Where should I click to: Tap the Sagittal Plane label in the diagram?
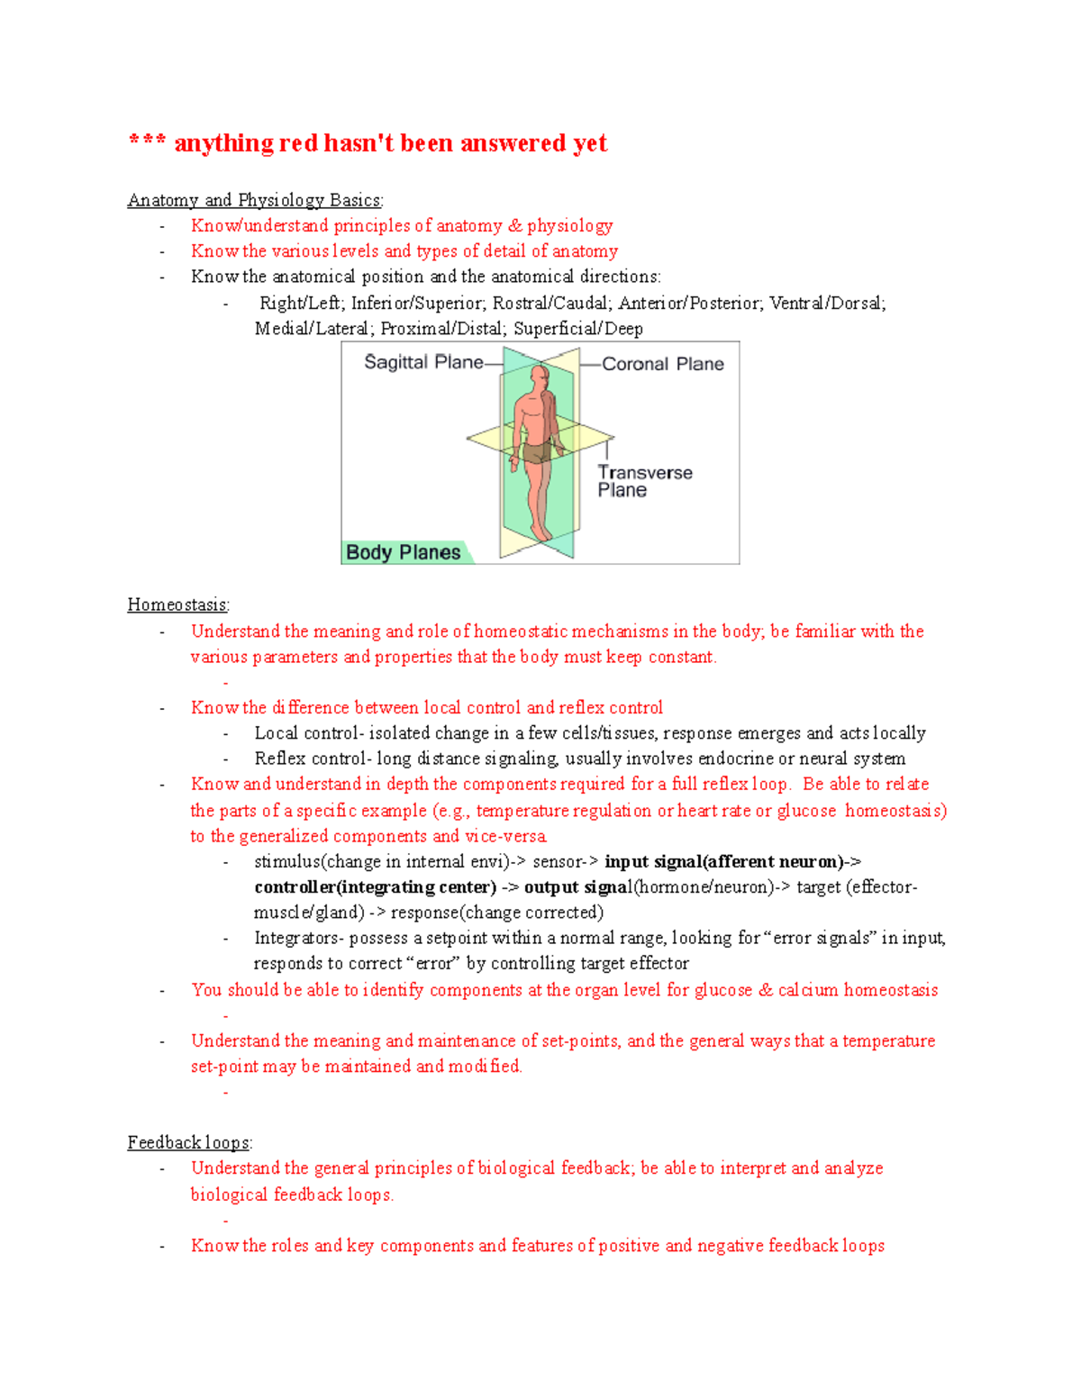click(x=423, y=362)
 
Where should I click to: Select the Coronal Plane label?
click(x=662, y=364)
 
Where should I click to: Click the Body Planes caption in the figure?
click(x=403, y=552)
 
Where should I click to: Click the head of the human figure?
click(x=540, y=376)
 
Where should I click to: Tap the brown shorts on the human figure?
click(x=537, y=452)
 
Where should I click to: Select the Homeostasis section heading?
click(x=177, y=604)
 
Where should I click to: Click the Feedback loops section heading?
click(x=188, y=1142)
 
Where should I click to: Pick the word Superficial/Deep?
click(x=578, y=329)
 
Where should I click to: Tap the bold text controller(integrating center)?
click(x=375, y=887)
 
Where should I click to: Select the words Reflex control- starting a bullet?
click(x=309, y=759)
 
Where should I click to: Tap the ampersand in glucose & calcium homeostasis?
click(x=766, y=990)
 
